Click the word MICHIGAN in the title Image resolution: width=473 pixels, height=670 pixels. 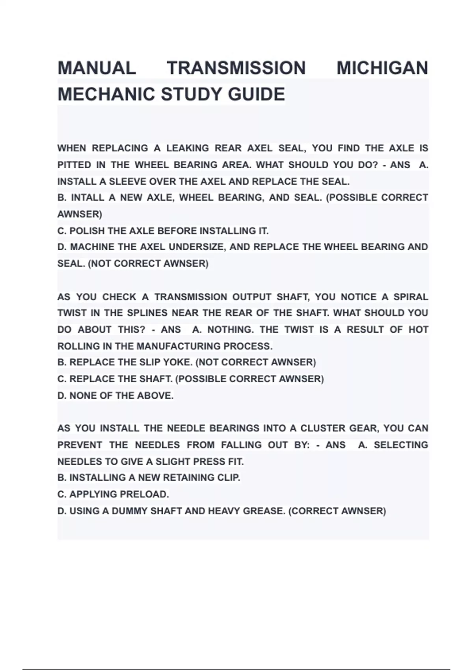(382, 68)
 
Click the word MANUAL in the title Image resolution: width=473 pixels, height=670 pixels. (97, 68)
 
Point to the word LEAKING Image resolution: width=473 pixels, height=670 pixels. (188, 148)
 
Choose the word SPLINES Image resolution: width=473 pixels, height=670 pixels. (147, 313)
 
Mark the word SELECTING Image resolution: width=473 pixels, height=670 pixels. (400, 445)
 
